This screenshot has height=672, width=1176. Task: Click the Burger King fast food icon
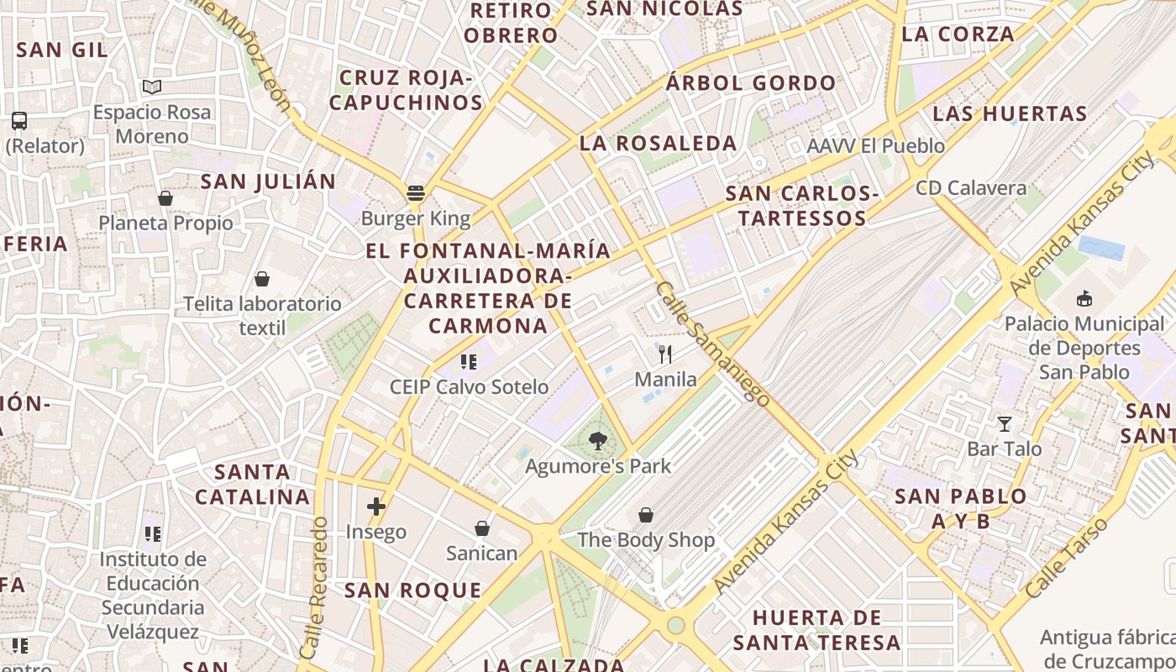(415, 193)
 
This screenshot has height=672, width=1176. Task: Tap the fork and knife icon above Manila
(665, 354)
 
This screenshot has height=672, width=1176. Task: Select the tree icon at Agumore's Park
(597, 440)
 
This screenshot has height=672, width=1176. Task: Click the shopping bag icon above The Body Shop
(646, 514)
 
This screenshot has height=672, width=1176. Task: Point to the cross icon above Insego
(376, 507)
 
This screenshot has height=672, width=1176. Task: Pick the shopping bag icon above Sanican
(482, 528)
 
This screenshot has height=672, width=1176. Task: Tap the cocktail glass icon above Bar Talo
(1004, 423)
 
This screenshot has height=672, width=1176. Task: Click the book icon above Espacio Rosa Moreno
(152, 87)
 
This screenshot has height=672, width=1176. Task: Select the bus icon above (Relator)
(19, 120)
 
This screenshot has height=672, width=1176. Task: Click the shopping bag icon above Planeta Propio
(165, 198)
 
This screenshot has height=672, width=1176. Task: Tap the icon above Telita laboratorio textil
(262, 279)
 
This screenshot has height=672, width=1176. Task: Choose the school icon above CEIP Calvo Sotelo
(469, 362)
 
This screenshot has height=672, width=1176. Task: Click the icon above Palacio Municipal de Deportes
(1084, 298)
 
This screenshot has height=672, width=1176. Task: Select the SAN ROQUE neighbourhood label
(413, 591)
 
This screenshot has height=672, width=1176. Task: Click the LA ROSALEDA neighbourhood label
(659, 144)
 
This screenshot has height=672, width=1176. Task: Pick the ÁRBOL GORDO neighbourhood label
(751, 83)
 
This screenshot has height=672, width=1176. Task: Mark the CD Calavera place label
(971, 187)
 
